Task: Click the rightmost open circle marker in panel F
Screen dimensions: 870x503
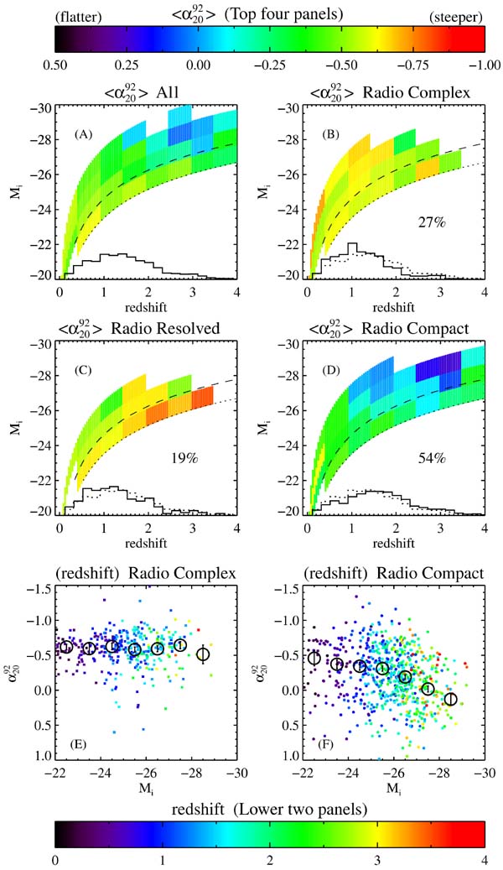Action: point(450,699)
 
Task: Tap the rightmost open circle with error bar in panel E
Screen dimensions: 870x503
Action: point(202,654)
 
